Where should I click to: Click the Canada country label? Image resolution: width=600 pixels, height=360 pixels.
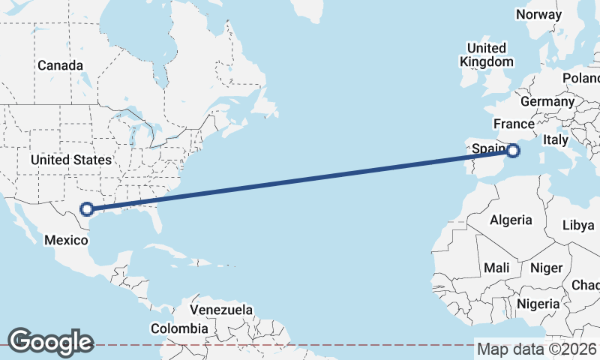coord(60,65)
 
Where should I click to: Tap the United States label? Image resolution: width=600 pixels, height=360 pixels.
coord(71,160)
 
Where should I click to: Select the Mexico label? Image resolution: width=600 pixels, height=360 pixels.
coord(66,241)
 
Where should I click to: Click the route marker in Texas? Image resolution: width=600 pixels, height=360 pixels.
coord(87,209)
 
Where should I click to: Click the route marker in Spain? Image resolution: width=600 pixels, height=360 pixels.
coord(513,151)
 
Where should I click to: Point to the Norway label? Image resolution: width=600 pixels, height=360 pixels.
coord(538,14)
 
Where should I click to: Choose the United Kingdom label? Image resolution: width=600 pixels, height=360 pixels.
coord(487,55)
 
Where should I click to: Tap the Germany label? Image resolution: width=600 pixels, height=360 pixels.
coord(546,101)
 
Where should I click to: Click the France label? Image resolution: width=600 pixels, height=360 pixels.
coord(513,124)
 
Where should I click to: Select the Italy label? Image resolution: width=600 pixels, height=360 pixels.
coord(556,139)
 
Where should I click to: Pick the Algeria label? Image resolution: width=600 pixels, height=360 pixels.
coord(511,220)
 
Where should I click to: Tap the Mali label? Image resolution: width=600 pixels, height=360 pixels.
coord(496,268)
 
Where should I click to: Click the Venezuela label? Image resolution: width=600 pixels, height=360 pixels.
coord(220,310)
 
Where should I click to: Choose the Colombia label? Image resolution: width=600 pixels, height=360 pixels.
coord(179,328)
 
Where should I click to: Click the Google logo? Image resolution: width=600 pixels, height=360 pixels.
coord(50,342)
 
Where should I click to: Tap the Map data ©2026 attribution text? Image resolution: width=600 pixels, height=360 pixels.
coord(537,349)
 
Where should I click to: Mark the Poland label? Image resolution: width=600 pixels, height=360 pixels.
coord(582,78)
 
